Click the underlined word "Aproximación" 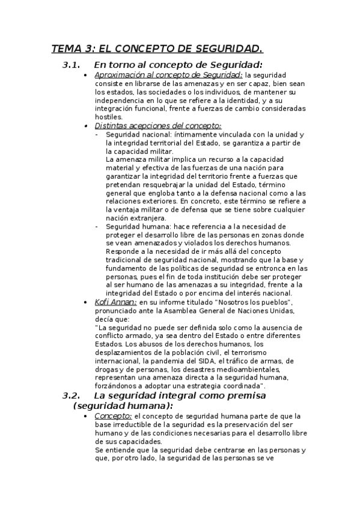coord(120,75)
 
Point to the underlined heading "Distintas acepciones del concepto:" coord(158,126)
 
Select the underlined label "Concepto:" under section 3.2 coord(114,416)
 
